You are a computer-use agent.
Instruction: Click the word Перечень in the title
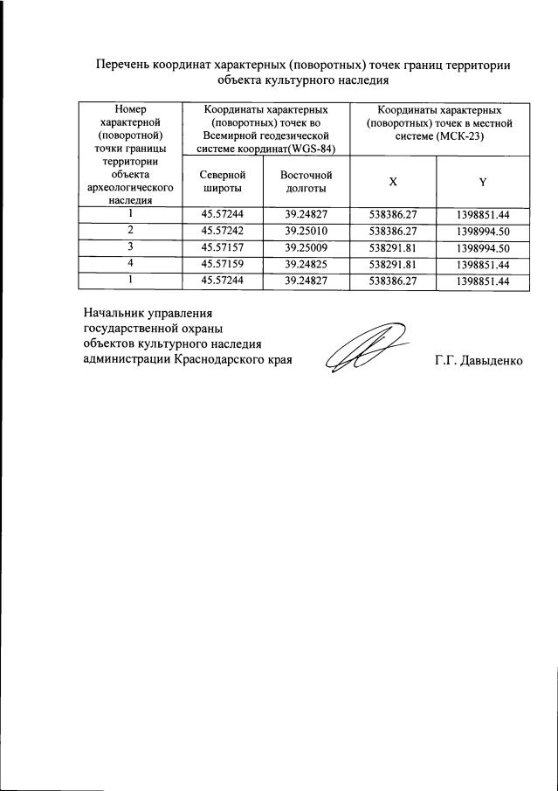[122, 64]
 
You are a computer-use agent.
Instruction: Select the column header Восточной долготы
[307, 182]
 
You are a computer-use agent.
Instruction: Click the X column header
[393, 181]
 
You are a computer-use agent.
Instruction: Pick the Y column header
[482, 181]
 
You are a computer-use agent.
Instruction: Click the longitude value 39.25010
[307, 230]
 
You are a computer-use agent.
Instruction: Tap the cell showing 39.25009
[307, 246]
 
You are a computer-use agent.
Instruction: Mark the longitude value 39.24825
[307, 263]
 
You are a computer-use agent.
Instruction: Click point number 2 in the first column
[129, 230]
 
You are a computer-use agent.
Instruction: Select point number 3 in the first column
[129, 246]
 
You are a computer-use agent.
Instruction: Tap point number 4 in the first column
[129, 263]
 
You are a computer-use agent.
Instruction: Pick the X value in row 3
[393, 246]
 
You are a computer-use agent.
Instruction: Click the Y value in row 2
[482, 230]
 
